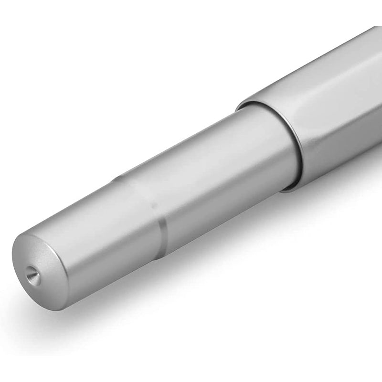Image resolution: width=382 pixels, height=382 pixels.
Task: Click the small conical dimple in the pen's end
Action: click(31, 274)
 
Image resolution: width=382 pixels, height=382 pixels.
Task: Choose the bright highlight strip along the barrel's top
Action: click(191, 143)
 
